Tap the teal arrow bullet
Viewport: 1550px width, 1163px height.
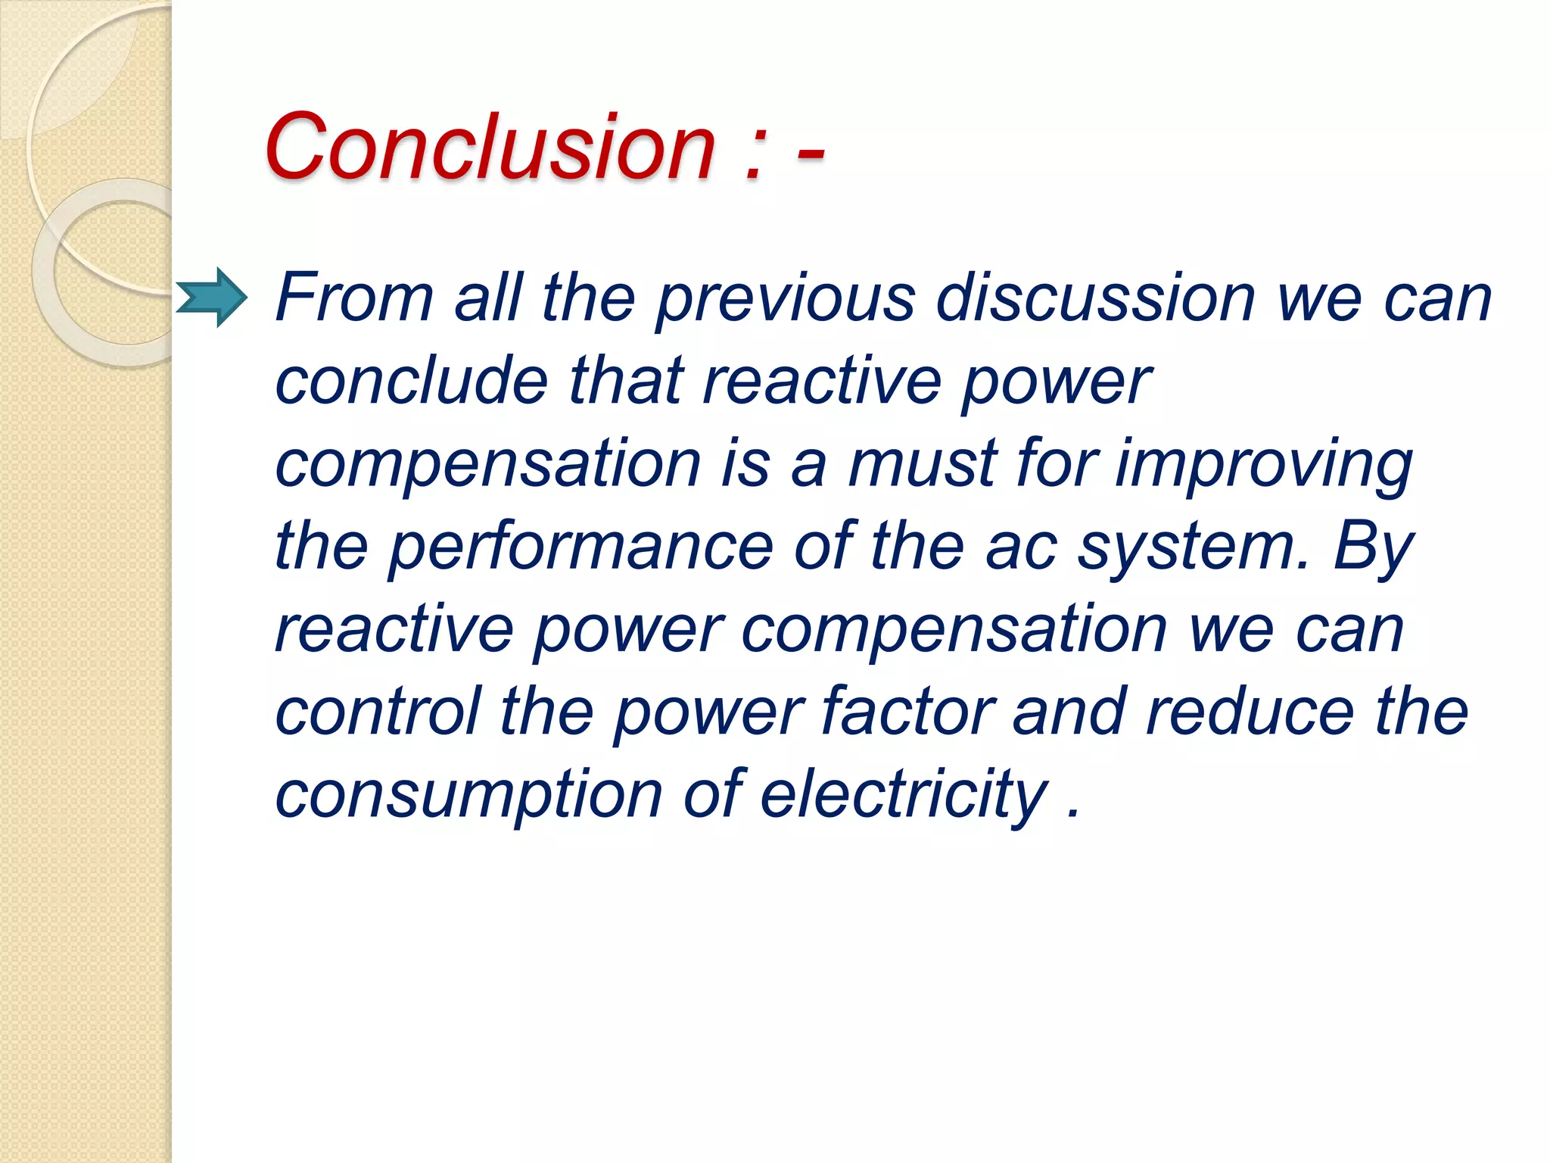pyautogui.click(x=212, y=297)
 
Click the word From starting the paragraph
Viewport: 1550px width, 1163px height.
pyautogui.click(x=353, y=298)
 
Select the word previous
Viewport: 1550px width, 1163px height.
pyautogui.click(x=785, y=298)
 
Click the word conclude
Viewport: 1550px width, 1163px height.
pyautogui.click(x=411, y=381)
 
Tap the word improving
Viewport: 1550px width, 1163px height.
pyautogui.click(x=1263, y=463)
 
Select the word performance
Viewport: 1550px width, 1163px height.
pyautogui.click(x=580, y=546)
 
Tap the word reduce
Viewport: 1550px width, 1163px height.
pyautogui.click(x=1250, y=711)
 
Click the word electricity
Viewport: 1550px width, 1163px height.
pyautogui.click(x=904, y=794)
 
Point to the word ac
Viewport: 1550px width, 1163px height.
pyautogui.click(x=1021, y=547)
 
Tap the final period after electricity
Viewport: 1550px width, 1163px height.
pyautogui.click(x=1072, y=814)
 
